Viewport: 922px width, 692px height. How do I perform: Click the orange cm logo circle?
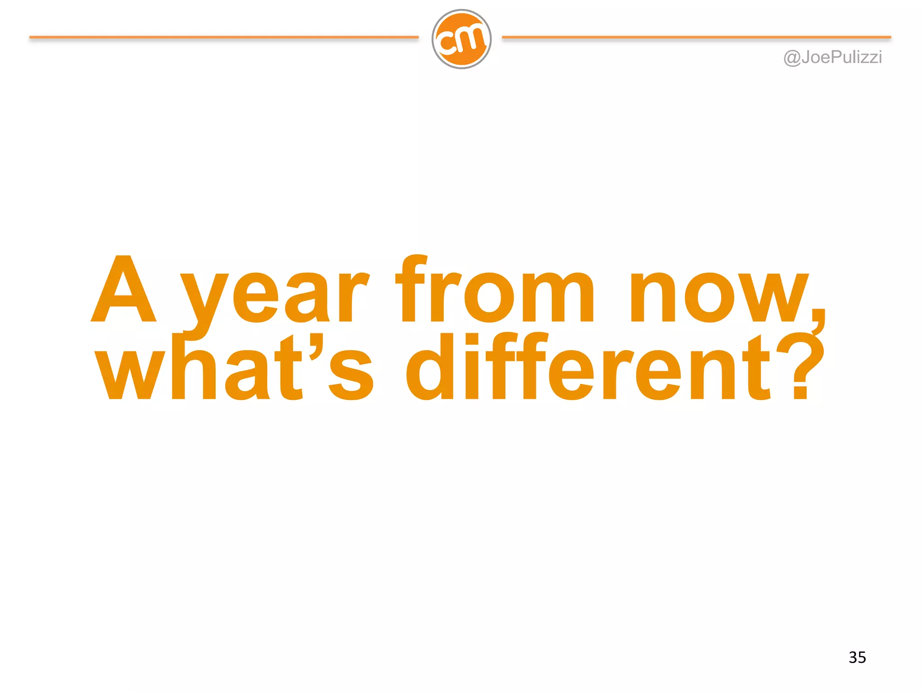[x=461, y=39]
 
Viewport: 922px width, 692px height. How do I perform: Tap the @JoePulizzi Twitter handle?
[x=832, y=58]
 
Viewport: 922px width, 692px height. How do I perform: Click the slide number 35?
[x=857, y=657]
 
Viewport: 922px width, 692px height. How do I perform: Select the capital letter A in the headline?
[x=124, y=290]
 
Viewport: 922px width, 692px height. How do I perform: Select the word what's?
[x=234, y=367]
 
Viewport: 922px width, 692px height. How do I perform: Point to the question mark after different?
[x=804, y=367]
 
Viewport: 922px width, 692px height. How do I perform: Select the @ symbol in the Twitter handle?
[x=792, y=58]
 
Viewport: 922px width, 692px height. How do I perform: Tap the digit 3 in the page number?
[x=853, y=657]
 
